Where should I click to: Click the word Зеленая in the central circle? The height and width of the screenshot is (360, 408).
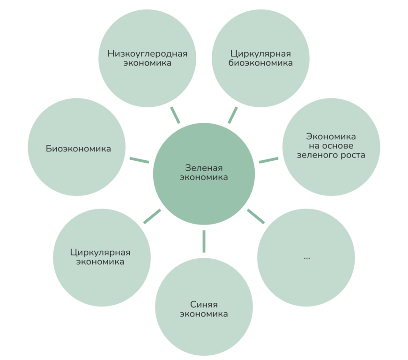point(204,168)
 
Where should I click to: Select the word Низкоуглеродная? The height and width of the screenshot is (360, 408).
point(147,53)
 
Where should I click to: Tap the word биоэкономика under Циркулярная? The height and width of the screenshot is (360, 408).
point(260,63)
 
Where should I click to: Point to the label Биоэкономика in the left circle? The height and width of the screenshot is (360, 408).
point(78,149)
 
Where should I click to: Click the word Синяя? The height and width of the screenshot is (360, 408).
point(204,304)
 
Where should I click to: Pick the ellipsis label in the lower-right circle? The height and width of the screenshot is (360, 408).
point(306,257)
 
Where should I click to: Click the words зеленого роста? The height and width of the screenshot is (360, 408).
point(331,155)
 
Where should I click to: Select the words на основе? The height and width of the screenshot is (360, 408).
point(331,146)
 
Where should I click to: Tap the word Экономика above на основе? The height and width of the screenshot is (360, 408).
point(331,137)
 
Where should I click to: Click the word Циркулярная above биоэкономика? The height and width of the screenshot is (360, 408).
point(260,53)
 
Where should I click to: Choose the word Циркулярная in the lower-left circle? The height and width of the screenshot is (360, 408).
point(100,253)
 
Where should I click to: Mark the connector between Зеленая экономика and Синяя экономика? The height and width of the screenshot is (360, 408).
point(204,241)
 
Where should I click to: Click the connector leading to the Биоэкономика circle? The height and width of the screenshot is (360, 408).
point(139,160)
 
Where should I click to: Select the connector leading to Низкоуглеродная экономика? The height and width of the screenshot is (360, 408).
point(175,114)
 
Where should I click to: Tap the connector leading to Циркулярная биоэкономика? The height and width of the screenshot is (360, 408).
point(233,115)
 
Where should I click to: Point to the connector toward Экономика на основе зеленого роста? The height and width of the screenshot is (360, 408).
point(269,160)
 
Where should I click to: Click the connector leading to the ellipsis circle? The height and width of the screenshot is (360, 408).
point(256,216)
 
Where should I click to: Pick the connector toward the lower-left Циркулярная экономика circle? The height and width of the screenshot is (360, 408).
point(152,216)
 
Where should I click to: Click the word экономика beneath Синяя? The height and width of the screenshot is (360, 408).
point(204,314)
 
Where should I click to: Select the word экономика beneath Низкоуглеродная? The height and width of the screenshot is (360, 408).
point(147,63)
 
